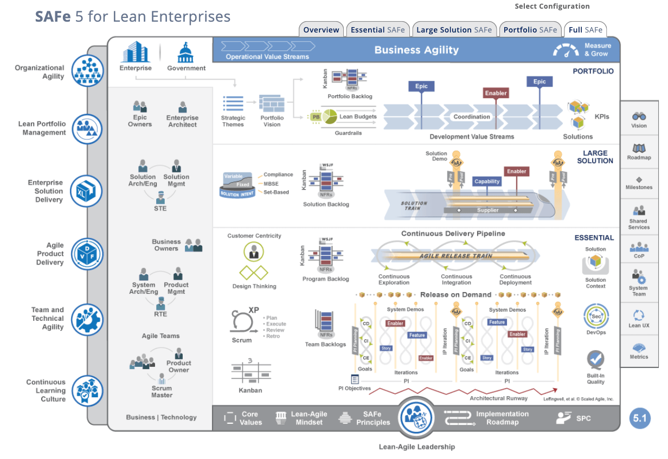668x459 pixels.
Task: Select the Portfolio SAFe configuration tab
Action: (x=530, y=30)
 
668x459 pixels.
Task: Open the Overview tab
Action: (x=321, y=30)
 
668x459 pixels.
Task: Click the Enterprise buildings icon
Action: (x=135, y=53)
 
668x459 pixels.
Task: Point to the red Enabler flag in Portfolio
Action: (x=496, y=93)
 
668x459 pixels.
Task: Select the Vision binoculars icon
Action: (x=639, y=116)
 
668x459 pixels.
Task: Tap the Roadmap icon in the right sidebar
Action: (x=639, y=148)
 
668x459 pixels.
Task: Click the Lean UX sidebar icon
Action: (x=639, y=315)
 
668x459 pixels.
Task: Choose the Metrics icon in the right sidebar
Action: (x=639, y=347)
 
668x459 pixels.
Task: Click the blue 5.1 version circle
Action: (x=640, y=418)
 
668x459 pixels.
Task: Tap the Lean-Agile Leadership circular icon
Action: (x=416, y=418)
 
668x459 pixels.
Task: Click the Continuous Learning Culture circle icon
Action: (x=87, y=391)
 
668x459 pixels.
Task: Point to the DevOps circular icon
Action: (x=596, y=316)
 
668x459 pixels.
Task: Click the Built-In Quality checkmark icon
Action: (x=595, y=359)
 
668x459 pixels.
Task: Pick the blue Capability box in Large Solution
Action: (x=487, y=182)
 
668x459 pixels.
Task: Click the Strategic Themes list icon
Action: (x=233, y=104)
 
